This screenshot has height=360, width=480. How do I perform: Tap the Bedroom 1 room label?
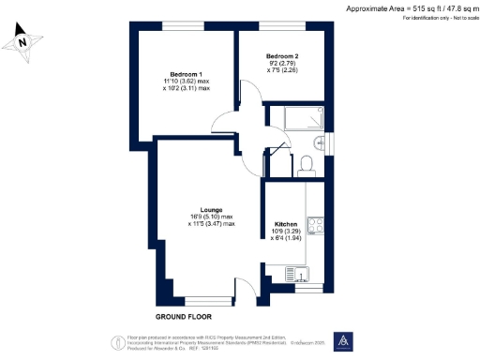coord(186,74)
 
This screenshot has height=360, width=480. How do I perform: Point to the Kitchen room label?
coord(286,225)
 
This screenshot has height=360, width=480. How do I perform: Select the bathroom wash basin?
coord(321,142)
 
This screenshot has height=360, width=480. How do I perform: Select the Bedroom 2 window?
coord(281,24)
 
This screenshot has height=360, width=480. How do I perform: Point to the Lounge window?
coord(207,303)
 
